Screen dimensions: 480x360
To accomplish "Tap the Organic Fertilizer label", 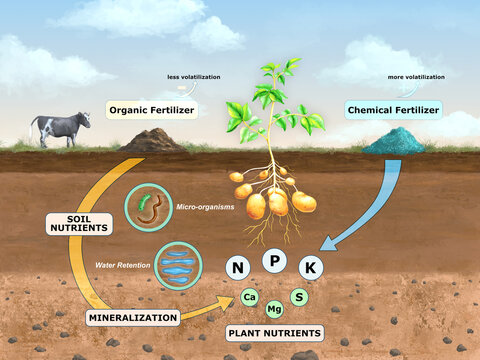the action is point(153,111).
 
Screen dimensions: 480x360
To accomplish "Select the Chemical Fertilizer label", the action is point(392,109).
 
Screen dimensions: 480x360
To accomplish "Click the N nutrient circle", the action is point(237,267).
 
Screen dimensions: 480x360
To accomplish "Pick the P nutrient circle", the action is point(275,260).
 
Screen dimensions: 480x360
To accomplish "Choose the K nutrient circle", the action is point(312,267).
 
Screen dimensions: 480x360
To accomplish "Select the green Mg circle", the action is point(274,308).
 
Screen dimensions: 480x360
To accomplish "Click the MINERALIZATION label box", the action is point(132,318).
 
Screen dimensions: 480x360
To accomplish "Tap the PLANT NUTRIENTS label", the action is point(274,332).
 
